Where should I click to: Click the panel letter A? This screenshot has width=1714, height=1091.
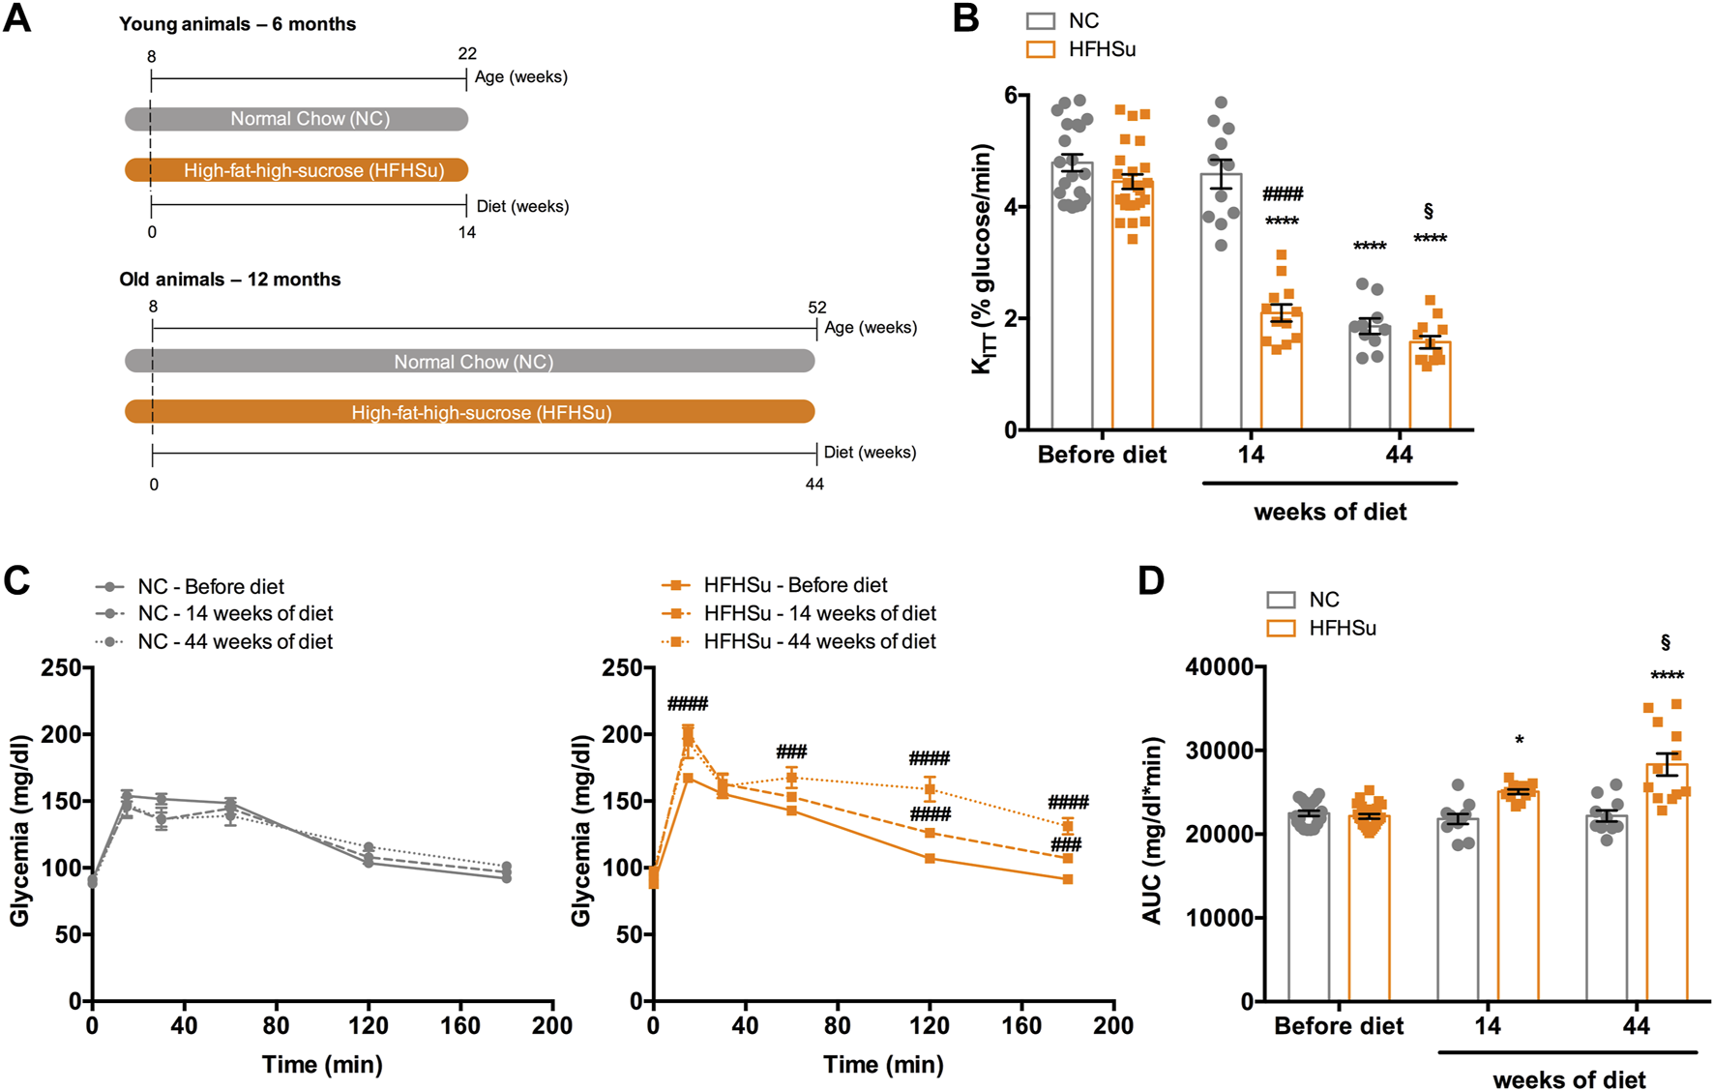(x=17, y=18)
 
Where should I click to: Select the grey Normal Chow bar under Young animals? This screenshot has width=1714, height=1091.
(x=296, y=119)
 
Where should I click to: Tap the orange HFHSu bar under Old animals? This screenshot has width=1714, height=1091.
(x=470, y=412)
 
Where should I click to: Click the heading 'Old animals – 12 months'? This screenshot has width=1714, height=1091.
(x=230, y=280)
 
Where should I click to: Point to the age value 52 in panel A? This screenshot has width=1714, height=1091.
(x=817, y=308)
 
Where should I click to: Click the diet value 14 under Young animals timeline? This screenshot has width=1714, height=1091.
(x=467, y=232)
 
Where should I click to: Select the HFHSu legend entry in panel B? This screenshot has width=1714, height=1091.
(x=1080, y=49)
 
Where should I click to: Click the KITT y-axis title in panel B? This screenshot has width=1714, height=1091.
(x=983, y=258)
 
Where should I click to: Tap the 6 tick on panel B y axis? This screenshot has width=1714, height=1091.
(x=1011, y=95)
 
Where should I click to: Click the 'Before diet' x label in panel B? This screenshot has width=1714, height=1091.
(x=1102, y=455)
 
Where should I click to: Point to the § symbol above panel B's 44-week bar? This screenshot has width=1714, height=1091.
(x=1429, y=211)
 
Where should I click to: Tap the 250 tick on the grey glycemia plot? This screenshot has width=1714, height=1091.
(x=61, y=667)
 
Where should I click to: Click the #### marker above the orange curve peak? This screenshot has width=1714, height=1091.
(x=688, y=703)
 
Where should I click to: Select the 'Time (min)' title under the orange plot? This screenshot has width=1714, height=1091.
(x=883, y=1065)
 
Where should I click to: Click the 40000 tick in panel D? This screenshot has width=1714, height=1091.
(x=1219, y=667)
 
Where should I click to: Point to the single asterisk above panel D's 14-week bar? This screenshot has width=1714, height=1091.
(x=1520, y=741)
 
